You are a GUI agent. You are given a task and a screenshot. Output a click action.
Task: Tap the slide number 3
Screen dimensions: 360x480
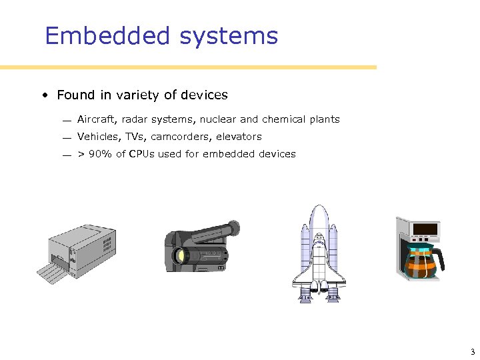pos(472,352)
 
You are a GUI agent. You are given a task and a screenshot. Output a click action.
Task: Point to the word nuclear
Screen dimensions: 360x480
pos(218,119)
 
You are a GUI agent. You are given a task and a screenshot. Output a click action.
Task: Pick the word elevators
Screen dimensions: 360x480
pos(239,137)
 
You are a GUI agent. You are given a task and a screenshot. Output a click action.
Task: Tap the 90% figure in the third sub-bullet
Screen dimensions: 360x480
pos(100,154)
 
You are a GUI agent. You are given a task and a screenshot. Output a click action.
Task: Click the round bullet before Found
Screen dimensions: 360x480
pos(43,95)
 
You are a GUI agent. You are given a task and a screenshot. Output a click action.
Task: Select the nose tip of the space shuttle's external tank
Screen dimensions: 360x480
pos(319,207)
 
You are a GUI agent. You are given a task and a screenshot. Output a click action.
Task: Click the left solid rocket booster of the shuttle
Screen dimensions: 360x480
pos(305,260)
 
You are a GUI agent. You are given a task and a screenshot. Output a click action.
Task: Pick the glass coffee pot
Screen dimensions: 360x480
pos(421,262)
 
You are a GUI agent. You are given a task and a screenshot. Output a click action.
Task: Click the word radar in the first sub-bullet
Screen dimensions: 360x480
pos(135,119)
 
